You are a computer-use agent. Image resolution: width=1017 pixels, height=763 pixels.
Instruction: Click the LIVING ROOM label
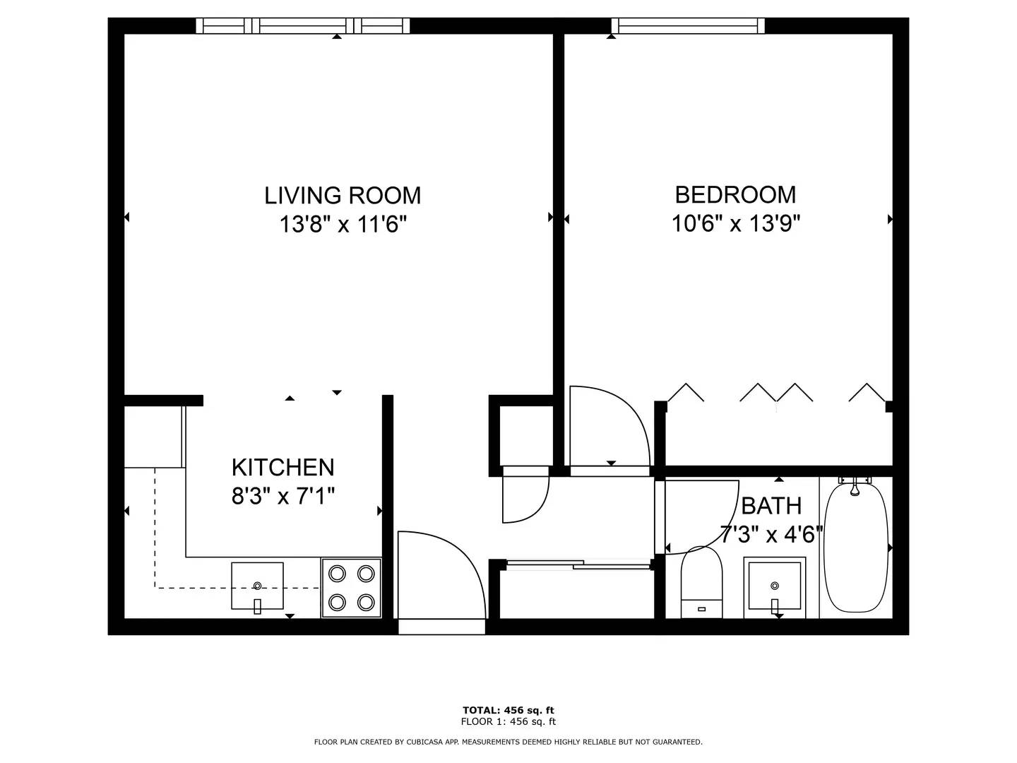(x=343, y=195)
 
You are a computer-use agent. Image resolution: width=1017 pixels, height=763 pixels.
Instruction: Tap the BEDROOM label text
(x=735, y=194)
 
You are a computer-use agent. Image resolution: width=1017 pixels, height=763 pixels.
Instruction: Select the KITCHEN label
(x=282, y=467)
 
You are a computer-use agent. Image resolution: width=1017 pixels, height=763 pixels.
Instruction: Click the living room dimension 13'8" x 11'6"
(x=343, y=225)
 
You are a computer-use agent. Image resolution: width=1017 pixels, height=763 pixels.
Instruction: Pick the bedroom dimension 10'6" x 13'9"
(x=736, y=224)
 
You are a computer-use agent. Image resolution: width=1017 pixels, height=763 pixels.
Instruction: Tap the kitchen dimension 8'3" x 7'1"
(x=282, y=497)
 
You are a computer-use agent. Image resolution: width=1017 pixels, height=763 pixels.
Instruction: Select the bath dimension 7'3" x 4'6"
(x=771, y=535)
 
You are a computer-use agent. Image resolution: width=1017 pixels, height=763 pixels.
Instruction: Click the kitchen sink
(x=257, y=586)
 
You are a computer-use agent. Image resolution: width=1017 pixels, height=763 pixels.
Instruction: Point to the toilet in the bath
(x=701, y=582)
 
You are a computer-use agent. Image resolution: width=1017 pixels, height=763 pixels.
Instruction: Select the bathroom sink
(x=775, y=588)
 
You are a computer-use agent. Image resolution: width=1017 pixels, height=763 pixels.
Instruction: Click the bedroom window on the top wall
(x=688, y=26)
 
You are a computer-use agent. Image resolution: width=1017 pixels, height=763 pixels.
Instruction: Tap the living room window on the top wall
(x=303, y=26)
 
